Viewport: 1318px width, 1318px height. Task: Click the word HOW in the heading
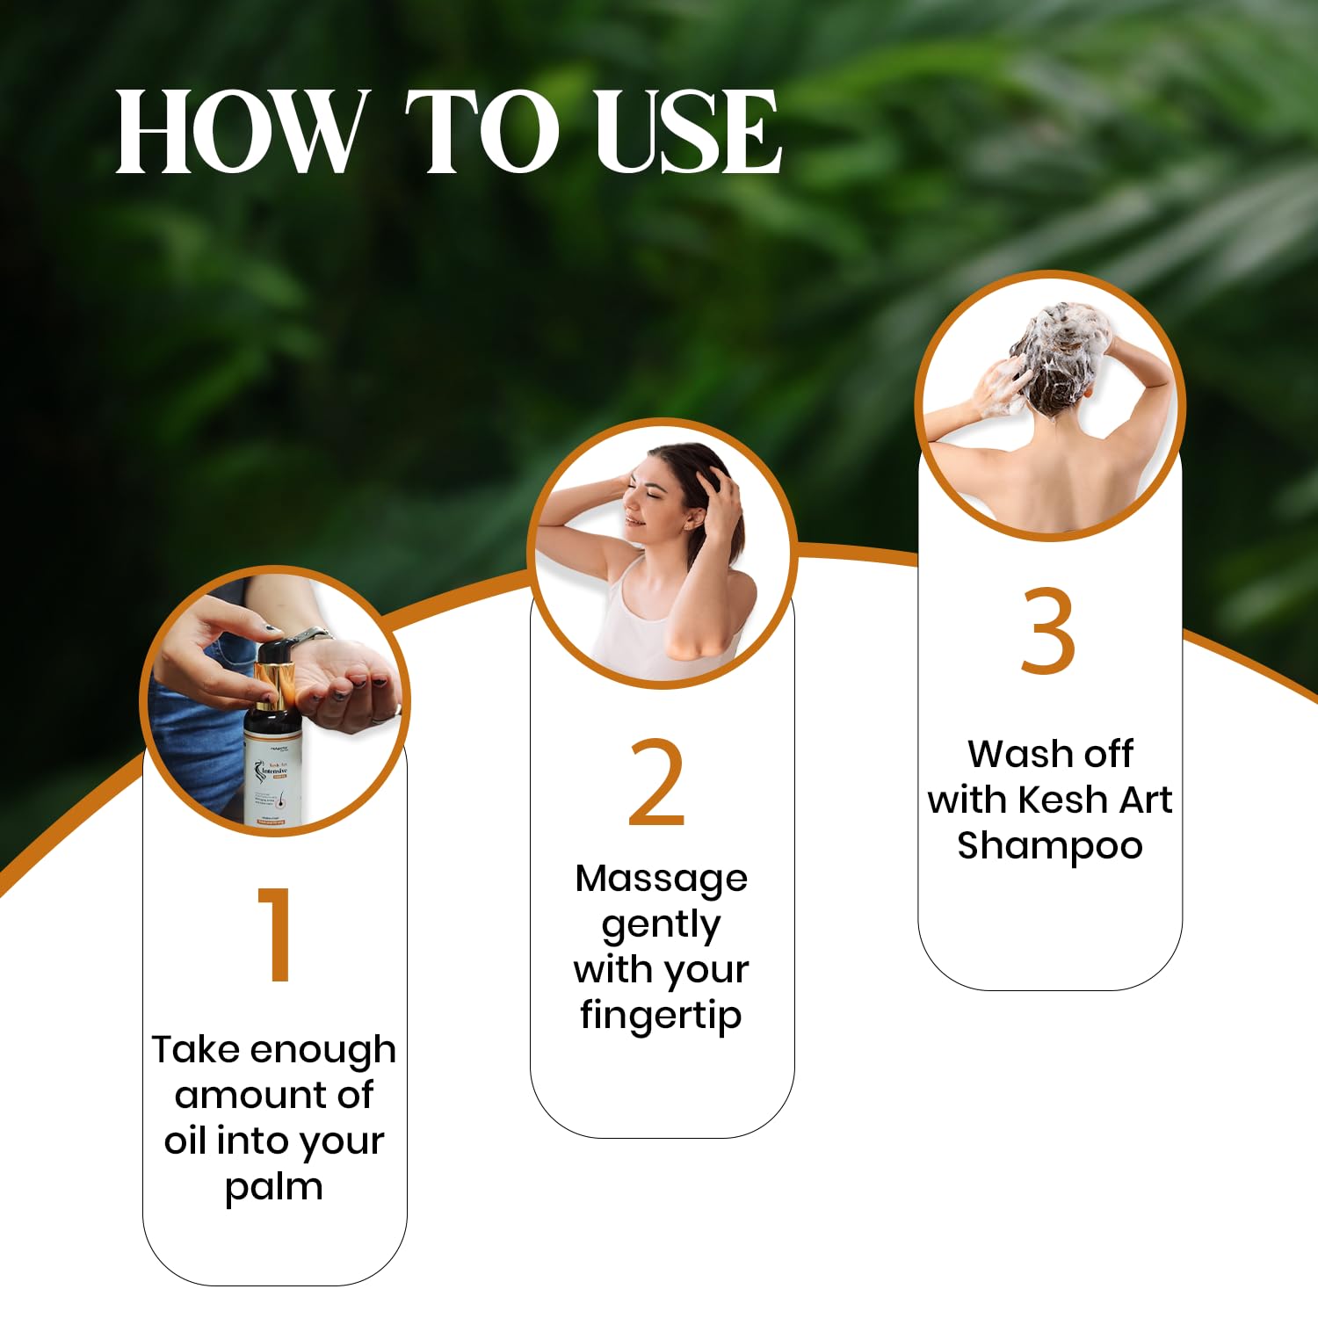[x=239, y=132]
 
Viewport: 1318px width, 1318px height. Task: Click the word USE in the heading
[x=687, y=132]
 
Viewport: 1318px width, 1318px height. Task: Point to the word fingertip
[x=661, y=1015]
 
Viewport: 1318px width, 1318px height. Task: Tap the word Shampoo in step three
[x=1049, y=845]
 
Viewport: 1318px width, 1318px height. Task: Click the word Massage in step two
[x=661, y=879]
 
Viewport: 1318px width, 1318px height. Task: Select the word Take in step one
[x=197, y=1050]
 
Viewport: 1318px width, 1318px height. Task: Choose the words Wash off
[x=1049, y=754]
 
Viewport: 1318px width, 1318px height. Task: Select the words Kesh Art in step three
[x=1094, y=800]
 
